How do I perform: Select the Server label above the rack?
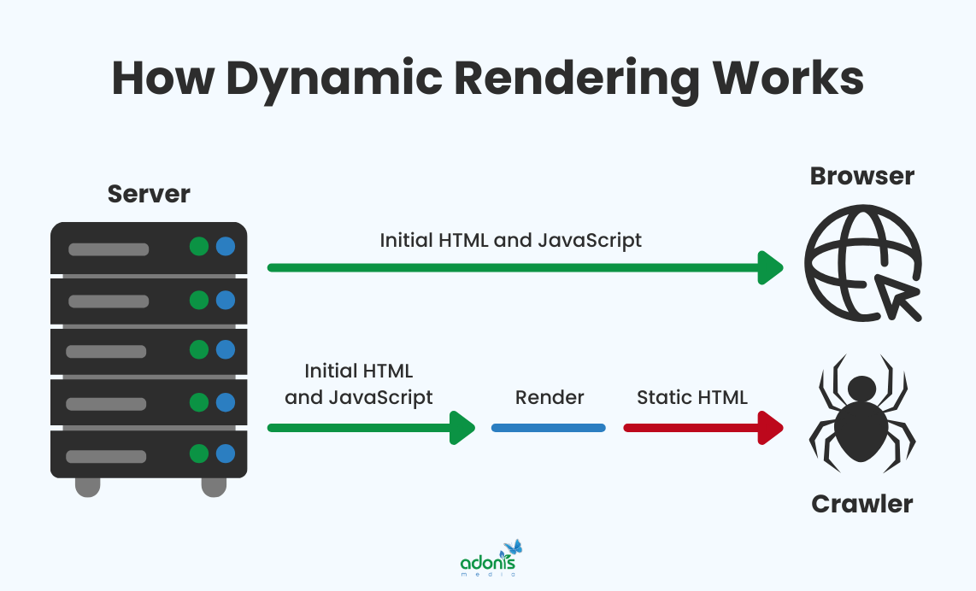[x=149, y=194]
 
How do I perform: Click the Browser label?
[x=861, y=176]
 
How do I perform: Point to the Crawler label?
[x=861, y=504]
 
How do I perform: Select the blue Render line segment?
[x=549, y=427]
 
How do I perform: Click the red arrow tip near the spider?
[x=772, y=427]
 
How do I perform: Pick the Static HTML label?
[x=692, y=397]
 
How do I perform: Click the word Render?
[x=550, y=397]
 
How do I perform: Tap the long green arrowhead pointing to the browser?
[x=772, y=267]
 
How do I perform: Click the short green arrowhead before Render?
[x=463, y=427]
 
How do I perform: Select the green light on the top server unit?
[x=199, y=248]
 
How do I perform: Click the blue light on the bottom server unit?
[x=226, y=453]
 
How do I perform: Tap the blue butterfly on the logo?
[x=513, y=547]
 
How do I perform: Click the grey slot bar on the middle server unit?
[x=107, y=351]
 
